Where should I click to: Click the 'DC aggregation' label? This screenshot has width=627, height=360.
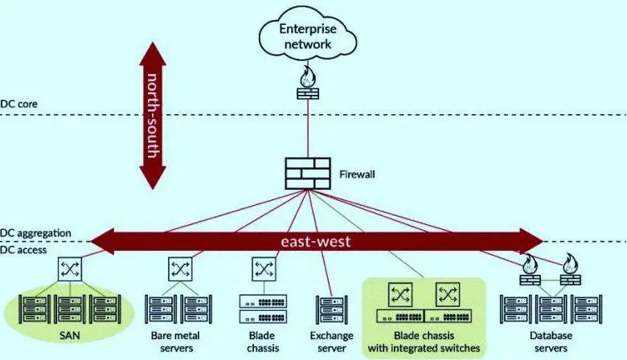click(35, 233)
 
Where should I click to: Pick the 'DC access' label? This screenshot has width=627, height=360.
click(25, 250)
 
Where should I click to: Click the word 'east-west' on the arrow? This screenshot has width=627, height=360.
click(315, 241)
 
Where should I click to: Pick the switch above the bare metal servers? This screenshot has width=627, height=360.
click(178, 268)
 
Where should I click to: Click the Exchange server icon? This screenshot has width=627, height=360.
click(331, 309)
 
